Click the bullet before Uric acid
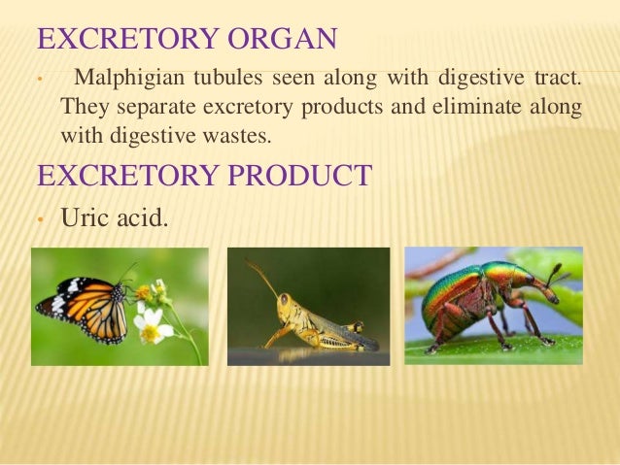point(38,220)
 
